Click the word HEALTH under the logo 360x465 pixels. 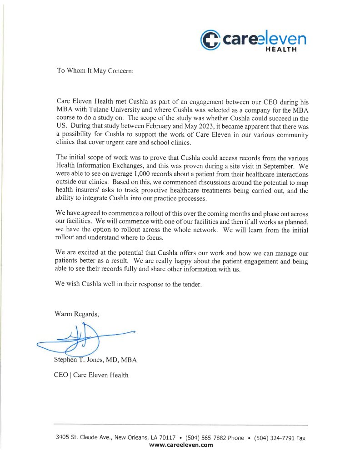[281, 49]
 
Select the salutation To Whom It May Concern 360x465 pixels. [95, 71]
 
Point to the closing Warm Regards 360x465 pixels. [76, 313]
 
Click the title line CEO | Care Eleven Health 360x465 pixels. [91, 375]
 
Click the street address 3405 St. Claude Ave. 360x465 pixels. [84, 438]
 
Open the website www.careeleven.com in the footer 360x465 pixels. [181, 445]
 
